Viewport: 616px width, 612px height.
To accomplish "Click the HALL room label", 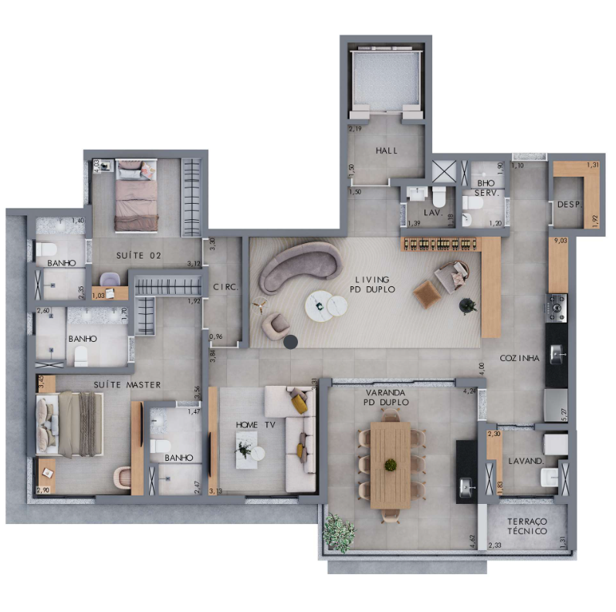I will coord(385,150).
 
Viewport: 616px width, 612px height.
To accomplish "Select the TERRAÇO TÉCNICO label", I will coord(528,526).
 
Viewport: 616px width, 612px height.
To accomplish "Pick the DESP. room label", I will coord(569,205).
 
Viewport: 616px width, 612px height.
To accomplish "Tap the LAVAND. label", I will coord(526,462).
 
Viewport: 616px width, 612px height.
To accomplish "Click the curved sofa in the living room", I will coord(298,264).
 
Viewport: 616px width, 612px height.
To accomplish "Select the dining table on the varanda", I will coord(391,465).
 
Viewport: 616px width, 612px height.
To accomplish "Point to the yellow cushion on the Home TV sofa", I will coord(299,402).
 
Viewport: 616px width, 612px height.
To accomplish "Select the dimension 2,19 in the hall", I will coord(355,128).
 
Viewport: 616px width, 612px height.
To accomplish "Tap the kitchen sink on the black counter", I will coord(557,353).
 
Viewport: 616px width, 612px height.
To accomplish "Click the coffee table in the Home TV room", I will coord(247,448).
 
